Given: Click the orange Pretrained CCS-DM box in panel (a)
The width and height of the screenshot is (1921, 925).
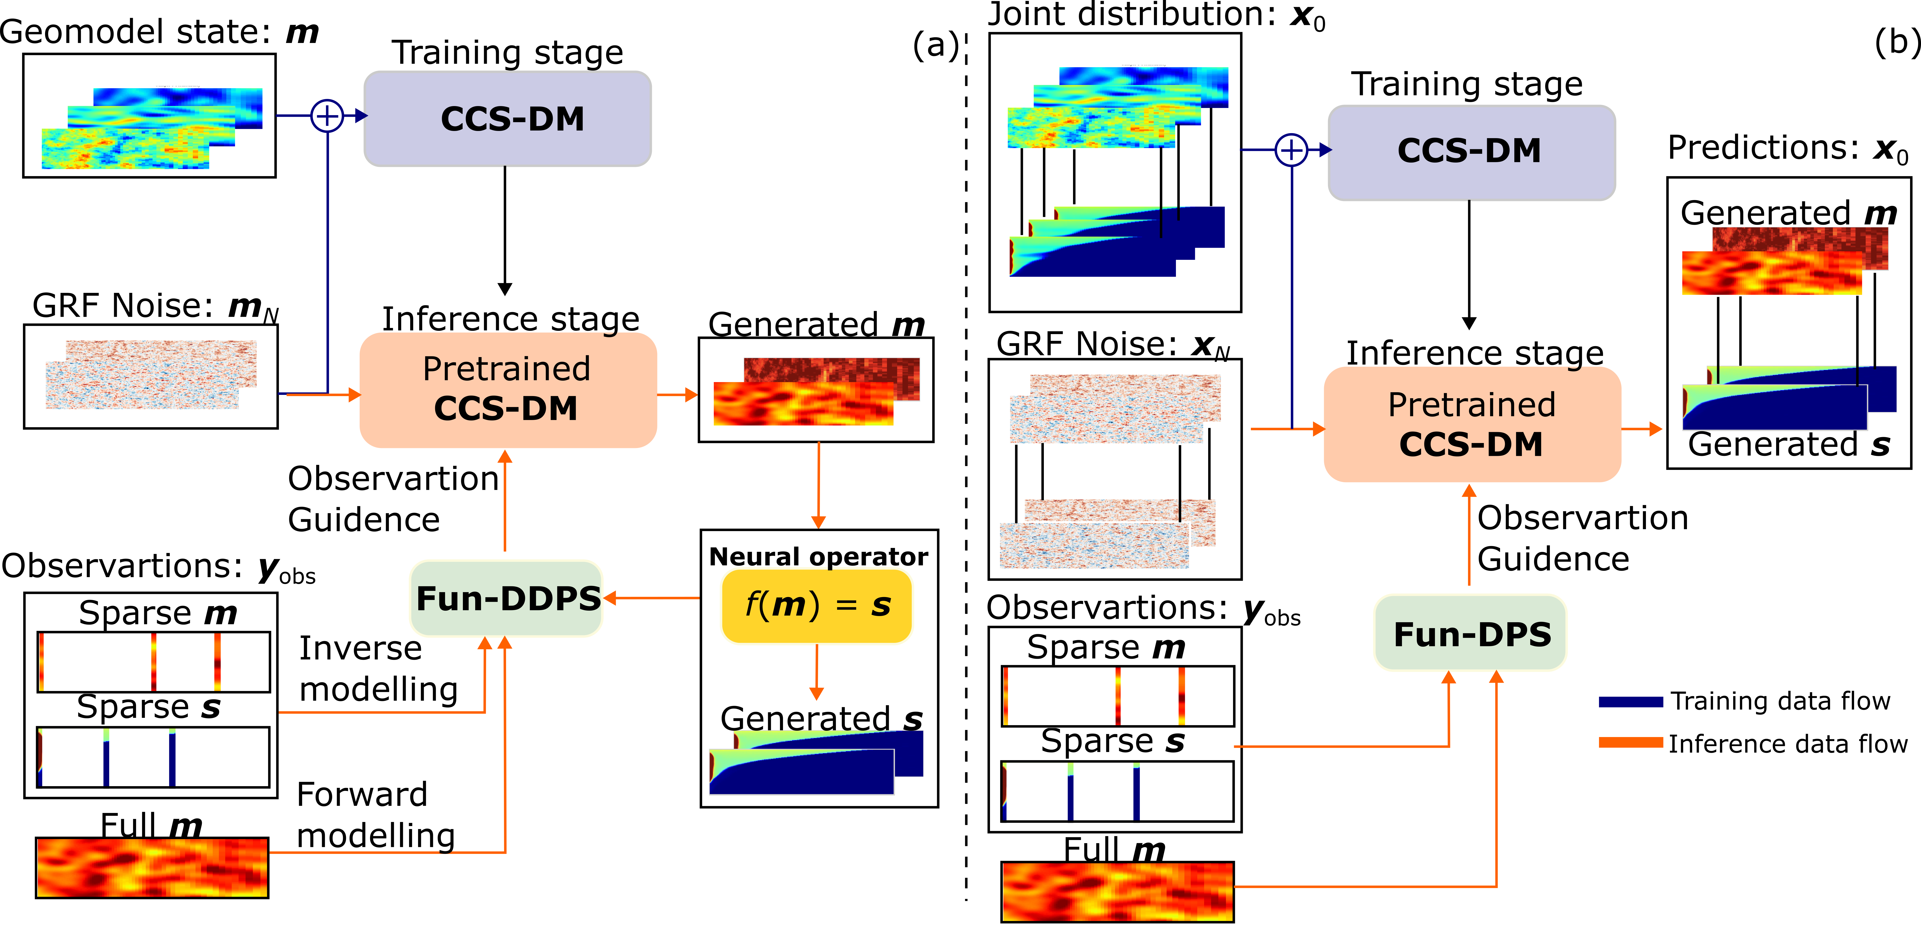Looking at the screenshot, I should [507, 389].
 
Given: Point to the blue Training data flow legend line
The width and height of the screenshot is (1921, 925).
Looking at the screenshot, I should [1630, 701].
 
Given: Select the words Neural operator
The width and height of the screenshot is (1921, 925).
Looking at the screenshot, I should [818, 556].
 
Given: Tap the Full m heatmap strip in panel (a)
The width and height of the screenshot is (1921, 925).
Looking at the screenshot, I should [152, 868].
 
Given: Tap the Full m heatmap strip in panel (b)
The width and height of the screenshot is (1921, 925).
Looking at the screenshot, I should [1117, 892].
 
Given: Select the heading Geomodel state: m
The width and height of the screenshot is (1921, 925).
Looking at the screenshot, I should [159, 32].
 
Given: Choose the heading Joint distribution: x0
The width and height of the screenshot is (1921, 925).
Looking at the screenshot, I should [1156, 15].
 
